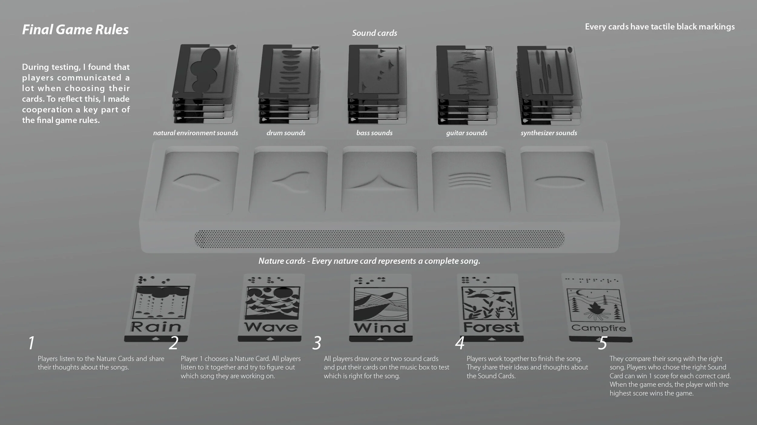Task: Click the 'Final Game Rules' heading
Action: [75, 30]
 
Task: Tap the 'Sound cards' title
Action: [374, 33]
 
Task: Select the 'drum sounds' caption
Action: [286, 133]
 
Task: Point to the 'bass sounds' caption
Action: [374, 133]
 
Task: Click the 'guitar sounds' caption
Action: [467, 133]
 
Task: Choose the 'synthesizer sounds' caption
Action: [549, 133]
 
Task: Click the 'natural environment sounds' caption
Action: [196, 133]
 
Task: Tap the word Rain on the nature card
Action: [156, 327]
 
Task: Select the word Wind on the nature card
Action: [380, 328]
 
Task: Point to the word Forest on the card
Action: [491, 327]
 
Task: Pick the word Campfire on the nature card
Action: [599, 328]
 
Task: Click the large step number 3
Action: [317, 343]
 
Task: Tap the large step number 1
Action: [31, 343]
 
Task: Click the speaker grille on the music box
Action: [379, 239]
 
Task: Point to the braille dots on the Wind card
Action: [370, 280]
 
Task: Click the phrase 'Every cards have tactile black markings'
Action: [660, 27]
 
